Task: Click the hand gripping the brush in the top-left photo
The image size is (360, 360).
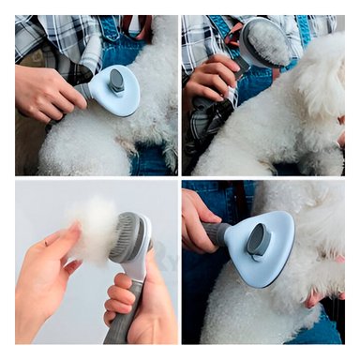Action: click(49, 94)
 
